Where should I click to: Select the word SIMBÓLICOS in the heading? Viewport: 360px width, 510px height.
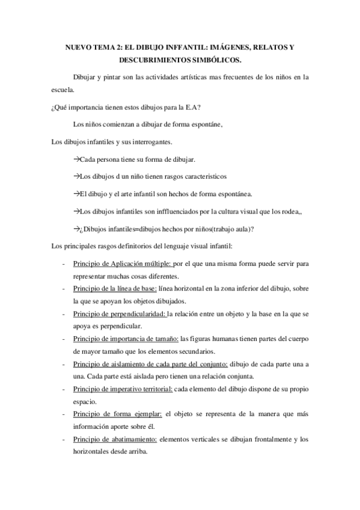pos(216,60)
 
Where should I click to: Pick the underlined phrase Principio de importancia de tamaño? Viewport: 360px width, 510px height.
pos(126,339)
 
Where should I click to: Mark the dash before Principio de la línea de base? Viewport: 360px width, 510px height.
pos(64,289)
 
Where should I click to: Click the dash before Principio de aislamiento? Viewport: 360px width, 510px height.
pos(64,365)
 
